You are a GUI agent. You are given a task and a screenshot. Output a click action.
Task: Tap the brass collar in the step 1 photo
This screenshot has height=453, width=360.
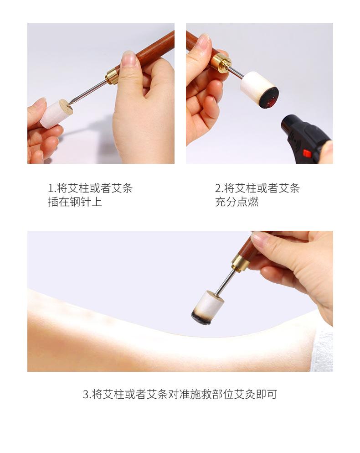point(112,75)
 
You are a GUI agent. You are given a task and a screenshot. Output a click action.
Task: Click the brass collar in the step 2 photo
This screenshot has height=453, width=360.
point(221,62)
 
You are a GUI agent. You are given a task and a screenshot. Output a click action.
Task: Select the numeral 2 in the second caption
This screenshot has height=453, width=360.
point(218,188)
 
